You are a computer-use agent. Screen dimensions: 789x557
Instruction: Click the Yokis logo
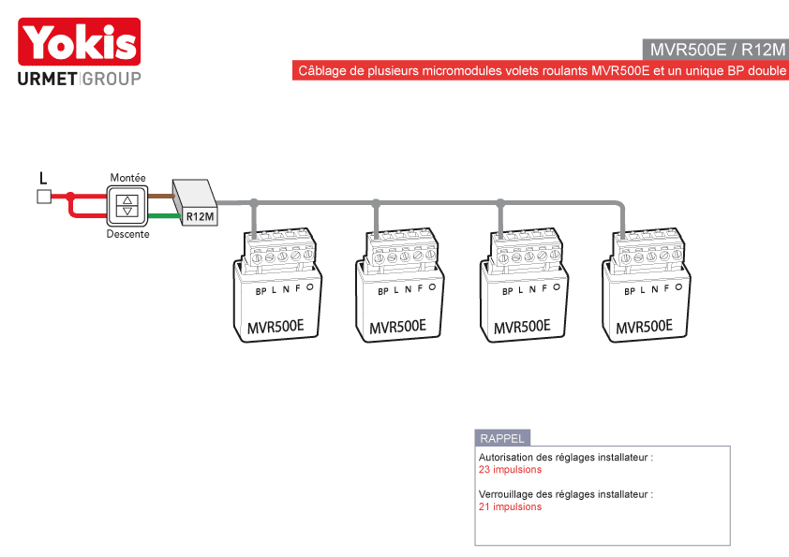[79, 42]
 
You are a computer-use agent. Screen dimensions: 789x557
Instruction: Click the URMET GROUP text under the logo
[79, 79]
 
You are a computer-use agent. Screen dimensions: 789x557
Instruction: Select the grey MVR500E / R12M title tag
[716, 50]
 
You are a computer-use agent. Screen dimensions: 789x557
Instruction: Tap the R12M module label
[200, 216]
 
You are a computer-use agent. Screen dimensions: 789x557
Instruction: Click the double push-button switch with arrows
[127, 206]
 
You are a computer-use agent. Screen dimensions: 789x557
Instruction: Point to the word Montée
[127, 178]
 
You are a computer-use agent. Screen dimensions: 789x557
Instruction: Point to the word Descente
[127, 234]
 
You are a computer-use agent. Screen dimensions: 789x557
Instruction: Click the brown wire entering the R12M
[161, 196]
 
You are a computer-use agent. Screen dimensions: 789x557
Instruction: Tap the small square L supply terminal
[44, 197]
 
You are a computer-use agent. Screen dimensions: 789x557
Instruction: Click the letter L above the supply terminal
[43, 178]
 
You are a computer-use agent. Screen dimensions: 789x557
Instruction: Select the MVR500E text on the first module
[275, 327]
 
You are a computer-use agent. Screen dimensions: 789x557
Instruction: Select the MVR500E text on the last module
[644, 327]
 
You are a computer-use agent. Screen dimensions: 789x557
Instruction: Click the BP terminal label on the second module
[383, 291]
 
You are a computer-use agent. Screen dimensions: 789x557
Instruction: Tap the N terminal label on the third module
[532, 289]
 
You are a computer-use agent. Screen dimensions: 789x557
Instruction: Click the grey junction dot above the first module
[254, 202]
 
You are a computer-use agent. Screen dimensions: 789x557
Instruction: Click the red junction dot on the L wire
[70, 196]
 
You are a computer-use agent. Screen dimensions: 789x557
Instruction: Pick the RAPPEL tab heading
[502, 438]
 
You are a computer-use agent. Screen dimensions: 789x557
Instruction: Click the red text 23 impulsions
[510, 470]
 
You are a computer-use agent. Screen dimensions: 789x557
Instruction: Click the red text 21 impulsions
[510, 506]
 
